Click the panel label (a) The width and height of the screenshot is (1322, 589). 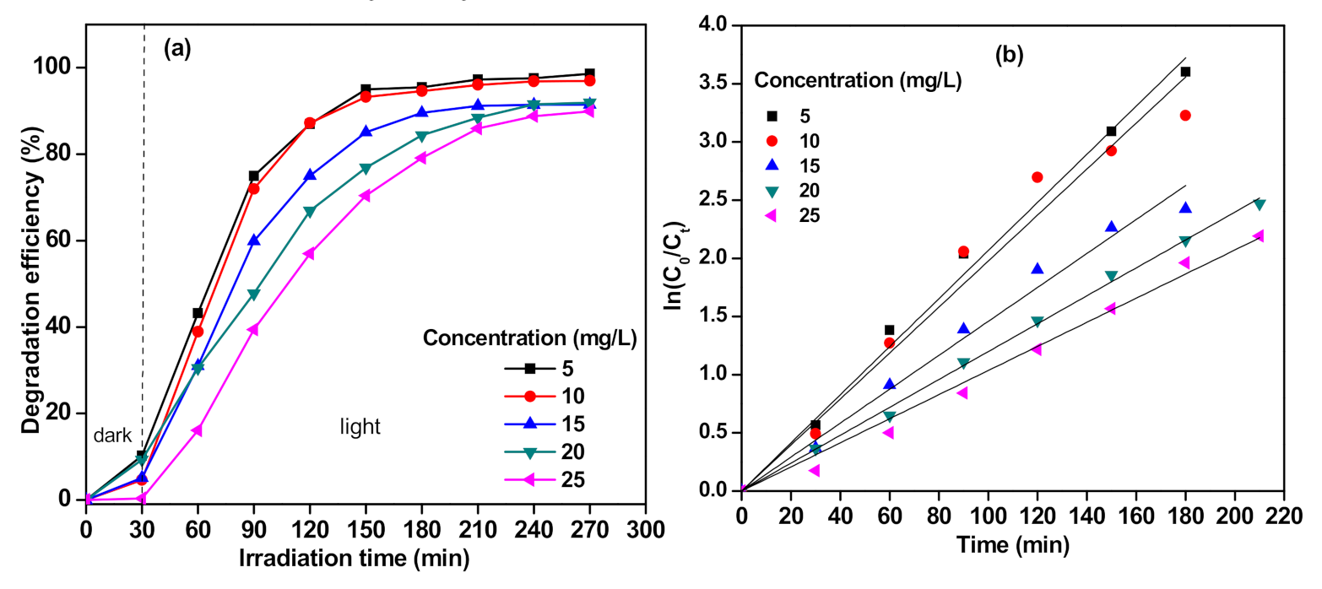coord(177,48)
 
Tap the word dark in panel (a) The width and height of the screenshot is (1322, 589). coord(110,435)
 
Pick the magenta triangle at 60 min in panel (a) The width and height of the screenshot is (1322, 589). coord(198,430)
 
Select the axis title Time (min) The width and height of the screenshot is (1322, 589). coord(1012,545)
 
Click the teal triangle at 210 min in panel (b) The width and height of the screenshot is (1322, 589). coord(1259,204)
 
